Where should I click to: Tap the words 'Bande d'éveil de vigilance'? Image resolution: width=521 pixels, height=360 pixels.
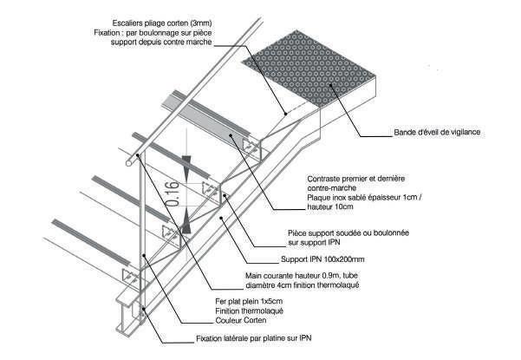click(x=431, y=133)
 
